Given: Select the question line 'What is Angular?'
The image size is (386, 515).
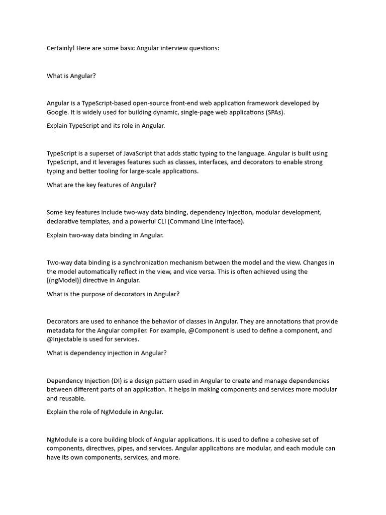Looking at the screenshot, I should coord(71,76).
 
